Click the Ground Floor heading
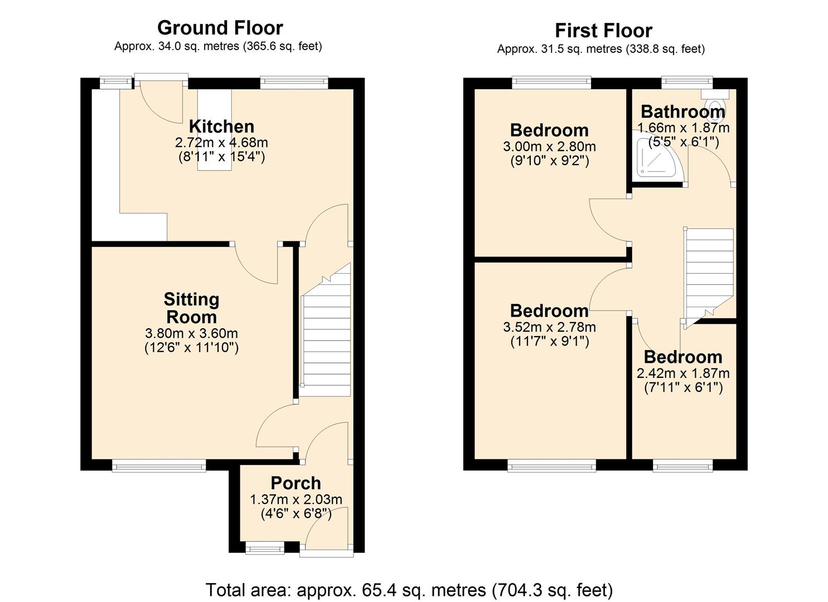click(x=220, y=27)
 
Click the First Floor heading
click(x=603, y=30)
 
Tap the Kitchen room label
click(x=221, y=126)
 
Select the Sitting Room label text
click(x=191, y=308)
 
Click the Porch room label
click(x=296, y=483)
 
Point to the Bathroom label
click(x=683, y=111)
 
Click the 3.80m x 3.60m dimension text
click(x=191, y=333)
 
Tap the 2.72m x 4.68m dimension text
click(x=221, y=142)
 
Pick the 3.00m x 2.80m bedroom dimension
click(x=549, y=147)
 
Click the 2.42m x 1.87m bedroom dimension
click(x=683, y=373)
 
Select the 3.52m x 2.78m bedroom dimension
click(x=549, y=327)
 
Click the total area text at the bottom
click(x=409, y=589)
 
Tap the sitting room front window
click(x=159, y=465)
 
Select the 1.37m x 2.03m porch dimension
click(x=296, y=499)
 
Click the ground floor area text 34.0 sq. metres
click(x=218, y=46)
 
